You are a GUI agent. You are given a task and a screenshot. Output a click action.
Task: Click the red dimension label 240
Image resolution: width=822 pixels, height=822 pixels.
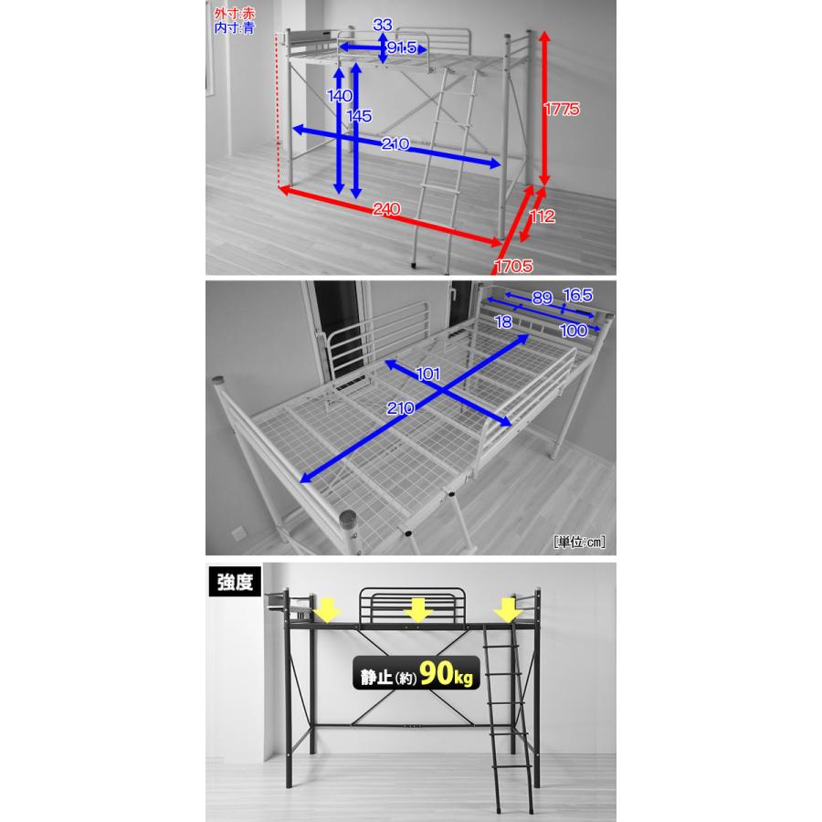pos(386,209)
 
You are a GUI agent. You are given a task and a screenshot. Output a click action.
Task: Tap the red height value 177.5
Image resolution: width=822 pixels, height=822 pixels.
pos(562,109)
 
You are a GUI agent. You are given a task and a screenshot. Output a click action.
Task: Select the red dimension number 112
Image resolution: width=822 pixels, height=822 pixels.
pos(542,216)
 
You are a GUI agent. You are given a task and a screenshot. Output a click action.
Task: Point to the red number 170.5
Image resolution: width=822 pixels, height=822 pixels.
pos(513,267)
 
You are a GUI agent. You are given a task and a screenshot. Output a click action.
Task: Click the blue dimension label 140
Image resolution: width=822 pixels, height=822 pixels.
pos(340,96)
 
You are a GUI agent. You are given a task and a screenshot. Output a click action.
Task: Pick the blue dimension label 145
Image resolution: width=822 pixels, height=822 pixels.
pos(359,116)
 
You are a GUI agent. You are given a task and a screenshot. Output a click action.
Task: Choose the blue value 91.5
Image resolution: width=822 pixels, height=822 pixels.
pos(401,47)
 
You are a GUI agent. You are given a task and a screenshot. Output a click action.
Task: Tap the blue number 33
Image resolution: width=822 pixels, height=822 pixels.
pos(383,25)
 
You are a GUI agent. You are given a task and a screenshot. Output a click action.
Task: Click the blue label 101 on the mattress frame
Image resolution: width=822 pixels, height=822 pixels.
pos(427,374)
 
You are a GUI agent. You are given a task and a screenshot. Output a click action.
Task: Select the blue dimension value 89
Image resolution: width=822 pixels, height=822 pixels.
pos(542,298)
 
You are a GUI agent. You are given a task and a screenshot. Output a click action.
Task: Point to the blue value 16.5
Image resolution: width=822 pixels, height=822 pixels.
pos(578,295)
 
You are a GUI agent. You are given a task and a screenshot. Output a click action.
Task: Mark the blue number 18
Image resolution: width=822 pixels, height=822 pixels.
pos(503,321)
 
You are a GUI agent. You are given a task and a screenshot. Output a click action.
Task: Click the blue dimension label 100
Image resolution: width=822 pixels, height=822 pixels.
pos(574,331)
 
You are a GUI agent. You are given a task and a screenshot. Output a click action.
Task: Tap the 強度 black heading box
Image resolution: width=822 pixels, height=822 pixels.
pos(235,582)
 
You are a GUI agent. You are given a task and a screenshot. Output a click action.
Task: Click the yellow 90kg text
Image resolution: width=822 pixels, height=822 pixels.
pos(446,673)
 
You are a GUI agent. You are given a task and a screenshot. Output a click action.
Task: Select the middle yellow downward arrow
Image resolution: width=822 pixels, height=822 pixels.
pos(417,610)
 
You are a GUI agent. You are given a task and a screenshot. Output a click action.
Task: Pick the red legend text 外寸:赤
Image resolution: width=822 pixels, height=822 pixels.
pos(235,14)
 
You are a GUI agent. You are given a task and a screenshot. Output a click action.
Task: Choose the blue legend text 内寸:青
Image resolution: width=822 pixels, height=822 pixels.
pos(235,27)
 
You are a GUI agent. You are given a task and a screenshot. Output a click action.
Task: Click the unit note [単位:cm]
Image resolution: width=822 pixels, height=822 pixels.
pos(579,542)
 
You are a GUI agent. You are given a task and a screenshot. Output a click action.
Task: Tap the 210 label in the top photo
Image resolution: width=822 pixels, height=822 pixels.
pos(395,143)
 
